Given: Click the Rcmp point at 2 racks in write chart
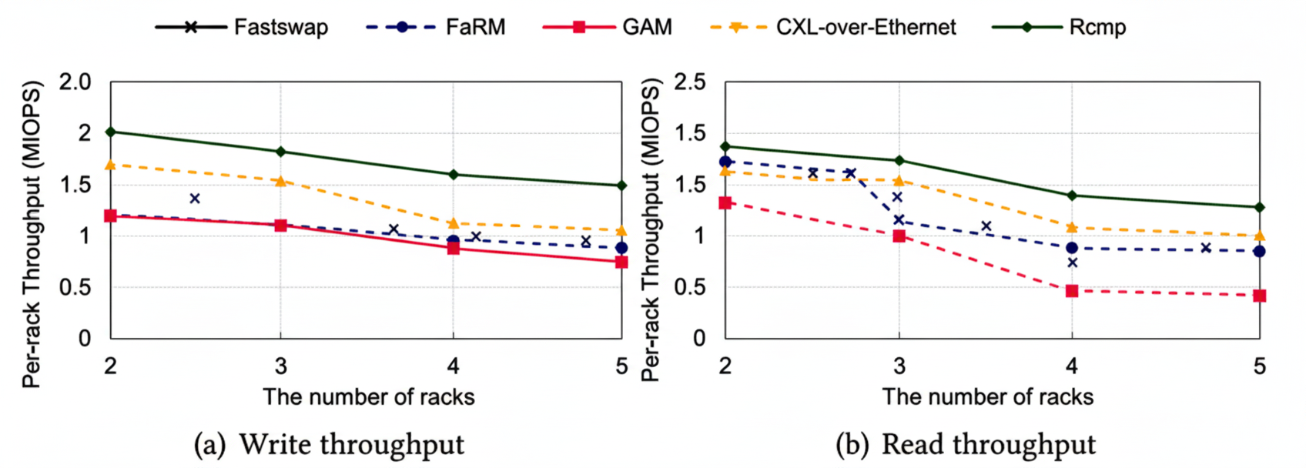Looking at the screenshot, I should pyautogui.click(x=111, y=132).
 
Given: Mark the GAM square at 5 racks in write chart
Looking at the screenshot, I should pyautogui.click(x=621, y=262).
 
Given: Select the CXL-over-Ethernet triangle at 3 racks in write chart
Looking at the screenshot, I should pyautogui.click(x=280, y=181).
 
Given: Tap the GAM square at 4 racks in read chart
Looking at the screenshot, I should pyautogui.click(x=1072, y=291).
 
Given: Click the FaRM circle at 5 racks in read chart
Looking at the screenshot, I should pyautogui.click(x=1259, y=251).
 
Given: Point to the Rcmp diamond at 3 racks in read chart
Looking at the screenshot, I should pyautogui.click(x=899, y=160).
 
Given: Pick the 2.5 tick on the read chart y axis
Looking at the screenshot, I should pyautogui.click(x=690, y=82).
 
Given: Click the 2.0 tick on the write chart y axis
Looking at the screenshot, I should pyautogui.click(x=75, y=82).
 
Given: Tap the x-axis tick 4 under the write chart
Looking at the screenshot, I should pyautogui.click(x=453, y=366).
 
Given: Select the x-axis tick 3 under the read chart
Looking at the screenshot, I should pyautogui.click(x=899, y=366).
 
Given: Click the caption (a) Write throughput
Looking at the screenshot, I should pyautogui.click(x=329, y=445).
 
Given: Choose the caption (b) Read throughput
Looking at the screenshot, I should pyautogui.click(x=966, y=445).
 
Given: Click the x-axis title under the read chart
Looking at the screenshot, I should pyautogui.click(x=987, y=396).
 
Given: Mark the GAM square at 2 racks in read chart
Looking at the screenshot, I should pyautogui.click(x=725, y=202).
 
